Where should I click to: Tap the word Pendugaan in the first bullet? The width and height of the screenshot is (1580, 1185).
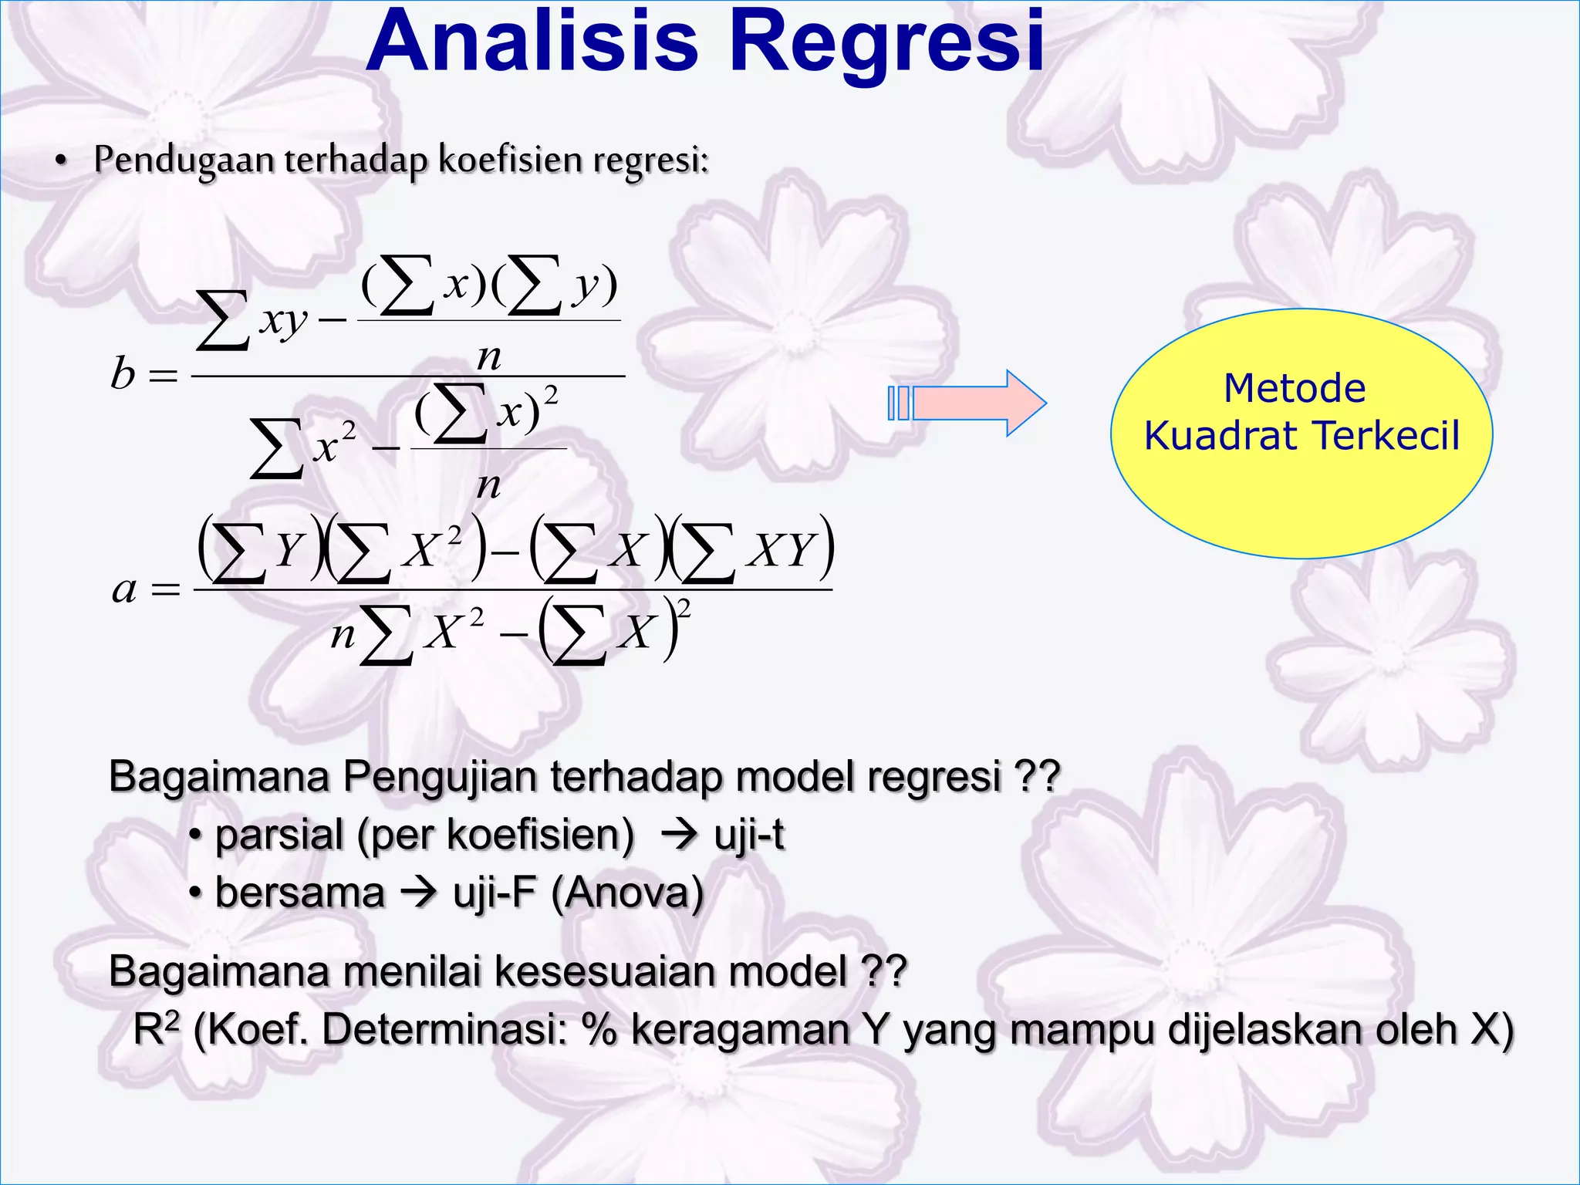click(x=184, y=160)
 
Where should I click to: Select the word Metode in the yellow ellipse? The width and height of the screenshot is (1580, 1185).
click(x=1295, y=388)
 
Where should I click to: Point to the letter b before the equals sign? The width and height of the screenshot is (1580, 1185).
click(x=123, y=374)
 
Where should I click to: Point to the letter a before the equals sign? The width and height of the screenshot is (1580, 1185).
click(x=123, y=590)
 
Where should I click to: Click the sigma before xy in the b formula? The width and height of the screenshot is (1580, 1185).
click(x=222, y=320)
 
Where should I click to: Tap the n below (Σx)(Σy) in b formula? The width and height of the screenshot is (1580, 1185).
click(x=489, y=356)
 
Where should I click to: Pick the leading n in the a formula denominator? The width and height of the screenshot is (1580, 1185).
click(x=343, y=635)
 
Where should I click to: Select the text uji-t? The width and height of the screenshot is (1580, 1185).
click(x=748, y=836)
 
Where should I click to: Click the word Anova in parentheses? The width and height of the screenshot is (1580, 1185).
click(x=626, y=893)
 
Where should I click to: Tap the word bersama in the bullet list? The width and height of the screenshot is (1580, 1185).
click(x=299, y=893)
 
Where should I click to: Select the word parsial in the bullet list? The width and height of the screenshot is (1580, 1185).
click(x=279, y=836)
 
